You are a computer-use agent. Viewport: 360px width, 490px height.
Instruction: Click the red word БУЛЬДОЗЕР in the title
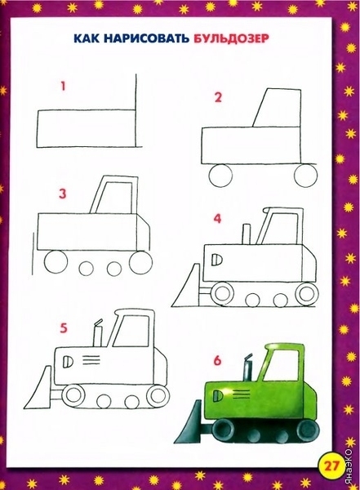click(x=231, y=38)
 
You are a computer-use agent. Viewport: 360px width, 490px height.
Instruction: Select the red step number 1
click(x=64, y=86)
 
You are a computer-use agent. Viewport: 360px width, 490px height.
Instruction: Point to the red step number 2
click(x=218, y=97)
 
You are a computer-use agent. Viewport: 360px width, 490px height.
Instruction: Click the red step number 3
click(x=63, y=194)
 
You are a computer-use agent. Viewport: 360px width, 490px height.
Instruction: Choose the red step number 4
click(x=217, y=218)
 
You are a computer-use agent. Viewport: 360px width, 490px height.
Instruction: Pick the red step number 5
click(x=64, y=328)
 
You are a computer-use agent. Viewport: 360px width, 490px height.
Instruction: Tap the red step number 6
click(x=217, y=361)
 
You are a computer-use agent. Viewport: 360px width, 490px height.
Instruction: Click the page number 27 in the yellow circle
click(x=331, y=466)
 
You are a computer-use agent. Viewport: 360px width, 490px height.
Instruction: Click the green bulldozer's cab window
click(x=282, y=366)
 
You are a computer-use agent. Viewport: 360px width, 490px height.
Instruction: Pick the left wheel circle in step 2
click(x=221, y=176)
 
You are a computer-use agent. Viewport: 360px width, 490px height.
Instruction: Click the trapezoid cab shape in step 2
click(x=277, y=108)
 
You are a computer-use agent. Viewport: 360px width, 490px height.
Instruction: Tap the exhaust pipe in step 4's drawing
click(x=247, y=234)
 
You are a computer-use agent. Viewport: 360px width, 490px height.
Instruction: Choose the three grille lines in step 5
click(x=91, y=359)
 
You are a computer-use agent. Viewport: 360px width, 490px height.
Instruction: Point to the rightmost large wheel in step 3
click(x=141, y=263)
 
